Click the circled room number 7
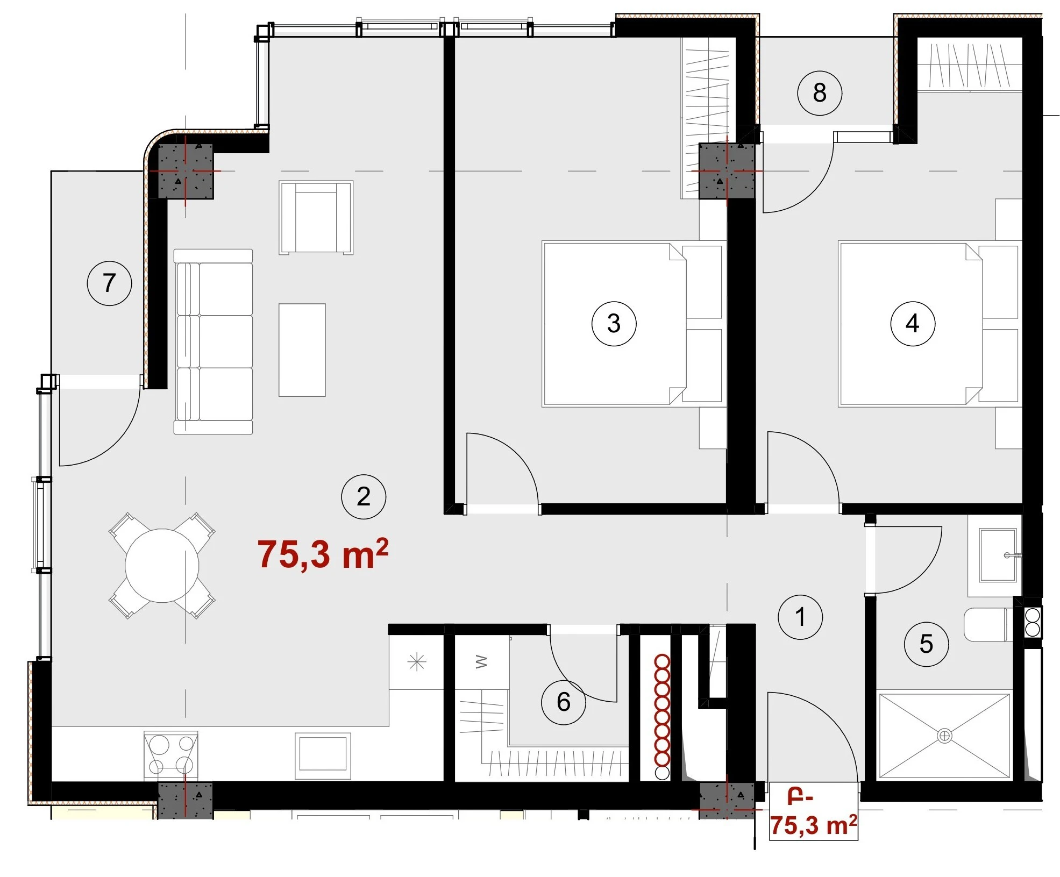click(x=109, y=283)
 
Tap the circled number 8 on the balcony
click(x=819, y=92)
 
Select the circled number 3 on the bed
click(x=614, y=323)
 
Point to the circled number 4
click(x=913, y=323)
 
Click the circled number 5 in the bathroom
click(x=926, y=644)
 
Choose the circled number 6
click(x=563, y=702)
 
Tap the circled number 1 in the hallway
click(x=800, y=617)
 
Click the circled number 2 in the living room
click(x=364, y=496)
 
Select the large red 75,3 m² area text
click(x=323, y=554)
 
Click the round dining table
click(x=162, y=566)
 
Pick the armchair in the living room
click(x=316, y=217)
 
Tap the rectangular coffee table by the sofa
click(x=302, y=350)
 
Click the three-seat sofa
click(x=214, y=341)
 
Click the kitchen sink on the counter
click(x=323, y=755)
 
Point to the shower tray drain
click(x=944, y=735)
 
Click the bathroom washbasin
click(x=998, y=555)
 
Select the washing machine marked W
click(x=482, y=662)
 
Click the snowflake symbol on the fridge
click(x=417, y=662)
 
